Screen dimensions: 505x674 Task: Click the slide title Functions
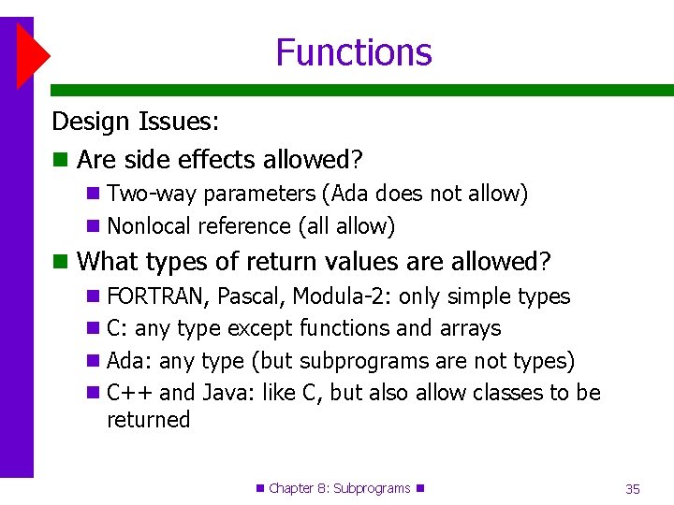[x=354, y=52]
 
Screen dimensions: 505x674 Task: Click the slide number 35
[x=632, y=489]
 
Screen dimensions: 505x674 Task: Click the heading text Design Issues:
[x=135, y=122]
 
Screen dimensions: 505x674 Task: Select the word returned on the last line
[x=148, y=420]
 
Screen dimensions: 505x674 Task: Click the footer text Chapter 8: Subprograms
[x=339, y=488]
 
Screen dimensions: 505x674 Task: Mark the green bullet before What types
[x=61, y=261]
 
